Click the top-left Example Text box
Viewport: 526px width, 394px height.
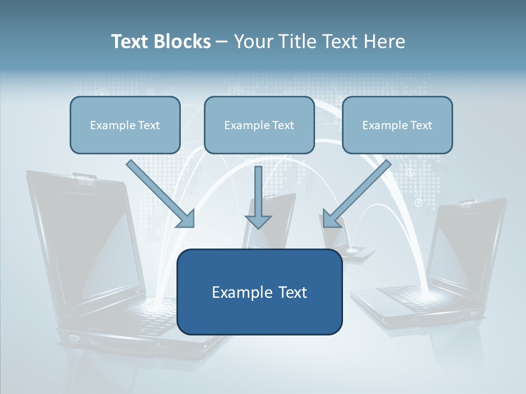[125, 125]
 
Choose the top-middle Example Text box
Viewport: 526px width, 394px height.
[259, 125]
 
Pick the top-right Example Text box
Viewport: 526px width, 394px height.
[397, 125]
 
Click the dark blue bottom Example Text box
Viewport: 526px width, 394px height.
[260, 292]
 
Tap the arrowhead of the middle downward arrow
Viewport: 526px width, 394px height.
[258, 222]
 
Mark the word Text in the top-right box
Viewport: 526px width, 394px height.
[421, 125]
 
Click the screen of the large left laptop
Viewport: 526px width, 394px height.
[93, 246]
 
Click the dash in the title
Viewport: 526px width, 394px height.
[222, 42]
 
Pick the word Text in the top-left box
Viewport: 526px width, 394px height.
[148, 125]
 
